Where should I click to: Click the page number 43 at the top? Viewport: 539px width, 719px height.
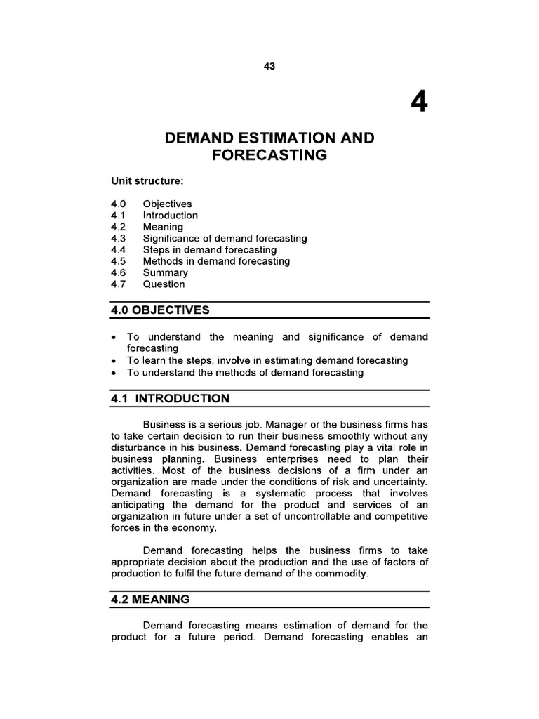[x=269, y=66]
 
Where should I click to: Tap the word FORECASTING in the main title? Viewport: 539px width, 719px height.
[x=269, y=155]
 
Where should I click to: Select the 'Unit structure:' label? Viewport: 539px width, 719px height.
[x=147, y=181]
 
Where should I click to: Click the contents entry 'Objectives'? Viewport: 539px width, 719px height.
[x=167, y=204]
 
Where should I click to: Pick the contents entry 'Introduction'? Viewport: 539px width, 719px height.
[x=171, y=216]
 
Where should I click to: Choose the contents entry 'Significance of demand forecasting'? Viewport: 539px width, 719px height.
[x=225, y=239]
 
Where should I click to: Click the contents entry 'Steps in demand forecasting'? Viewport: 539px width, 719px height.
[x=210, y=250]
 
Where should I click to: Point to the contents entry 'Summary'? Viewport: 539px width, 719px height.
[x=166, y=272]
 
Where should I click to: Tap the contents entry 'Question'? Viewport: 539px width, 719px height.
[x=164, y=284]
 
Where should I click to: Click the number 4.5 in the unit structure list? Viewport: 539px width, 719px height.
[x=117, y=261]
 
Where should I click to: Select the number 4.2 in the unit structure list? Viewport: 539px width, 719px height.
[x=117, y=227]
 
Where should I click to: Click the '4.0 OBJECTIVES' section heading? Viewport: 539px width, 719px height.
[x=160, y=310]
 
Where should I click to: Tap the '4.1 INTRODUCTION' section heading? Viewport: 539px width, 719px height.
[x=170, y=399]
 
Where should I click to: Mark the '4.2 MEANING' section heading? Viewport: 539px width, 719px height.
[x=150, y=600]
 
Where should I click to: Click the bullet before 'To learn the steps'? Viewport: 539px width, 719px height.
[x=114, y=361]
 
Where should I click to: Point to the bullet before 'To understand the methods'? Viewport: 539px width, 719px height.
[x=114, y=373]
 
